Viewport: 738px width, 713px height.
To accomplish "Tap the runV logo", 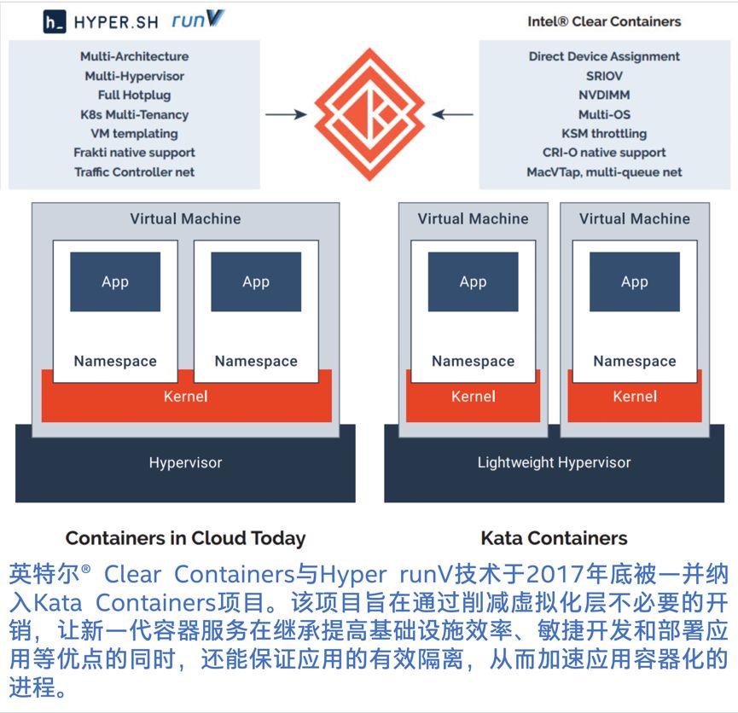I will click(x=197, y=20).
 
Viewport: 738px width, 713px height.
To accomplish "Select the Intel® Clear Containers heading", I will click(x=604, y=21).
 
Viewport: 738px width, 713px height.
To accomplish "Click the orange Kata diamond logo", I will click(x=369, y=114).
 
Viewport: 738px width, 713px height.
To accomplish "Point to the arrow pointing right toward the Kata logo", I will click(x=285, y=114).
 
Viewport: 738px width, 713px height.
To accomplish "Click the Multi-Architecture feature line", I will click(x=134, y=56).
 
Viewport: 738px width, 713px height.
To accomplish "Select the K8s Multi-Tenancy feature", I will click(x=134, y=114).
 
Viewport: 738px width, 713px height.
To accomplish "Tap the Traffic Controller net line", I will click(x=134, y=171).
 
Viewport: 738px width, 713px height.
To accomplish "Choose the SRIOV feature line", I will click(x=604, y=76).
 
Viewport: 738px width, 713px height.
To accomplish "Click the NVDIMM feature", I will click(x=604, y=95).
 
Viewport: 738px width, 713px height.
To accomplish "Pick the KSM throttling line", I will click(x=604, y=133).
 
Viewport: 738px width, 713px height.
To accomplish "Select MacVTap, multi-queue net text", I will click(x=604, y=171).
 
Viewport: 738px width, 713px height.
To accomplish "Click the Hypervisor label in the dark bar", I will click(x=185, y=463).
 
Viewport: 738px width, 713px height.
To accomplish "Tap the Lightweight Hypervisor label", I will click(x=554, y=463).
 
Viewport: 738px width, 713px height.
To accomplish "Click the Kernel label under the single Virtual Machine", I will click(x=185, y=397).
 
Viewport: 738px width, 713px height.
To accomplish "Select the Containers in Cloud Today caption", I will click(x=185, y=538).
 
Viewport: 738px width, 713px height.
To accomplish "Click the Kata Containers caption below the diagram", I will click(x=554, y=538).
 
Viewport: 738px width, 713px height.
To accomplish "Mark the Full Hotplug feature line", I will click(x=134, y=95).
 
